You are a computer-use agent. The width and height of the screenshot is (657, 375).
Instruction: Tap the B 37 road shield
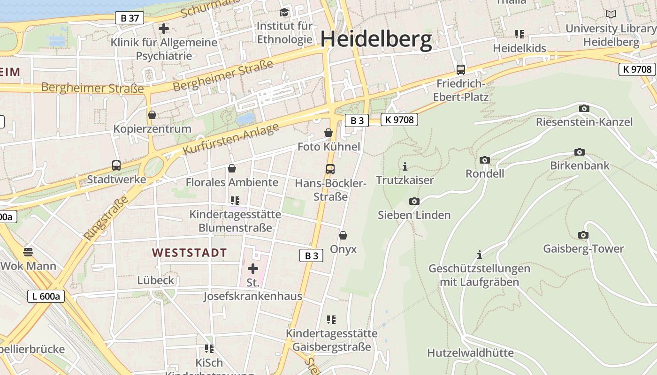click(x=130, y=18)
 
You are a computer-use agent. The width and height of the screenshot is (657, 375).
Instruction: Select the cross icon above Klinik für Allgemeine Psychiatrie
click(x=164, y=29)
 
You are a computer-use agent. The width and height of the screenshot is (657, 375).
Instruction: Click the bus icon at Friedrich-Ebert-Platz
click(x=461, y=70)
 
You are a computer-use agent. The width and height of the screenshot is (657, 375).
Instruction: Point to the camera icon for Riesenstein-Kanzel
click(x=584, y=108)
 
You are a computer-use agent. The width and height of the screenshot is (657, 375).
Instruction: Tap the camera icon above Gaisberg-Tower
click(x=583, y=235)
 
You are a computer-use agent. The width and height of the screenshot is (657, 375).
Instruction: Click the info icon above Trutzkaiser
click(x=405, y=166)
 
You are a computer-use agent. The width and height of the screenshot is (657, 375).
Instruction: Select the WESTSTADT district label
click(x=190, y=253)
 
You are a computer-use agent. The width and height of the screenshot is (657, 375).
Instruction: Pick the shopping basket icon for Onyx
click(x=343, y=235)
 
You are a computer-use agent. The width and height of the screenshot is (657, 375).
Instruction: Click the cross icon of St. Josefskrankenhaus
click(x=253, y=269)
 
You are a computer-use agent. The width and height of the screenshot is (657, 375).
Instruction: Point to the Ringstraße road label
click(x=107, y=218)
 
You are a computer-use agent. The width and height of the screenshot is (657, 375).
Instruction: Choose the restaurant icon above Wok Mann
click(x=28, y=252)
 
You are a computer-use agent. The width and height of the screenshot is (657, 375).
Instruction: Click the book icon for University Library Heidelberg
click(x=611, y=15)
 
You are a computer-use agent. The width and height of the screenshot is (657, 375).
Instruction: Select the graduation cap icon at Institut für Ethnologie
click(x=284, y=12)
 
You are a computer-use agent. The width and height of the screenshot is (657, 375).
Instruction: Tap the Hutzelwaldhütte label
click(x=470, y=352)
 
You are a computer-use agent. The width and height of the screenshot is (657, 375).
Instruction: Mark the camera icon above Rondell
click(x=485, y=160)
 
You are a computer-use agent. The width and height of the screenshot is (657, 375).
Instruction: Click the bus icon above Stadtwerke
click(x=116, y=165)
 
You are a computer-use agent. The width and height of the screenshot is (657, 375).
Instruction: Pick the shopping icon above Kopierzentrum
click(x=152, y=115)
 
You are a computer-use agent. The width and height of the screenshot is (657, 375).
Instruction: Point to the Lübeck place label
click(x=156, y=280)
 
